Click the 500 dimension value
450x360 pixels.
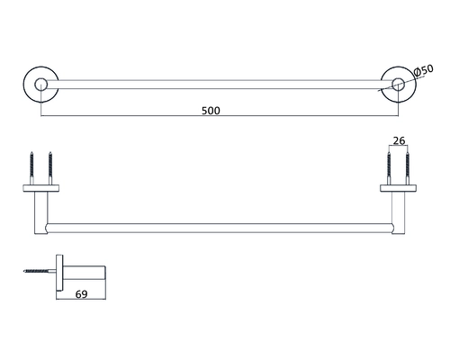(211, 111)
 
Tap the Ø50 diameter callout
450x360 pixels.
(423, 71)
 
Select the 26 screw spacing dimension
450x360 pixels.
(399, 140)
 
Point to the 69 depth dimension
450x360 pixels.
(81, 294)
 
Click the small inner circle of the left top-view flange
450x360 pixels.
(40, 85)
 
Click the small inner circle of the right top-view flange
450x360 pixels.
(399, 85)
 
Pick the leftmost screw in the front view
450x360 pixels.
(31, 168)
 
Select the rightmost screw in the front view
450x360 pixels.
(408, 168)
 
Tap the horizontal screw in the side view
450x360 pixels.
(40, 271)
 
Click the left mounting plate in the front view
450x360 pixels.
(41, 188)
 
